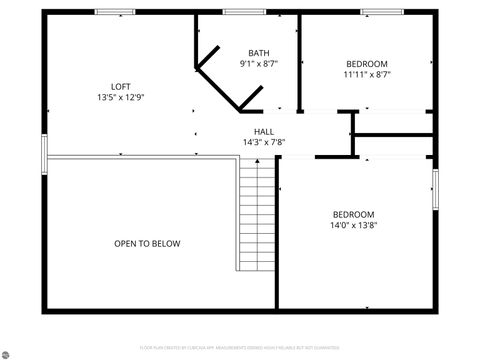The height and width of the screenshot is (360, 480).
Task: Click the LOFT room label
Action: pyautogui.click(x=120, y=86)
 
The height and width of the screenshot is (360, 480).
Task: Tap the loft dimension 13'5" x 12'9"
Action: pyautogui.click(x=120, y=98)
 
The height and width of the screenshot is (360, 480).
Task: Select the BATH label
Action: pyautogui.click(x=259, y=53)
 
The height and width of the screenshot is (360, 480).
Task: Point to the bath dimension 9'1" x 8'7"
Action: pyautogui.click(x=259, y=64)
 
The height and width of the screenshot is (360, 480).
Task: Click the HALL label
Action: pyautogui.click(x=264, y=131)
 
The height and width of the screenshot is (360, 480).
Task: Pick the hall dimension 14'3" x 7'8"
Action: pyautogui.click(x=264, y=142)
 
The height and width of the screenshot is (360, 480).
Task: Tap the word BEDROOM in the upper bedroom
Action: pyautogui.click(x=366, y=63)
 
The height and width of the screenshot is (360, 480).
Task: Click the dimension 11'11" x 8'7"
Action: pyautogui.click(x=366, y=74)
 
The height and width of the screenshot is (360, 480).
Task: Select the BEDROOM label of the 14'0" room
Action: pyautogui.click(x=353, y=214)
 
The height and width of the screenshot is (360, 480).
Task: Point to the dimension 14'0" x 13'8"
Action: pyautogui.click(x=353, y=225)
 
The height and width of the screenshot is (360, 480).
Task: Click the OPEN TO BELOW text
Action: pyautogui.click(x=147, y=243)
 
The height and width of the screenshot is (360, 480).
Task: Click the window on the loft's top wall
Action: pyautogui.click(x=115, y=12)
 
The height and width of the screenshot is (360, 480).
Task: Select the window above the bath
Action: pyautogui.click(x=245, y=12)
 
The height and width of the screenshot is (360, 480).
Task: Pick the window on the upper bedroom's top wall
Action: pyautogui.click(x=381, y=12)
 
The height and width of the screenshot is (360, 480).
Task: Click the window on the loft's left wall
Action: pyautogui.click(x=43, y=154)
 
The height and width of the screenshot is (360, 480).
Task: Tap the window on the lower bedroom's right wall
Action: pyautogui.click(x=435, y=189)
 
